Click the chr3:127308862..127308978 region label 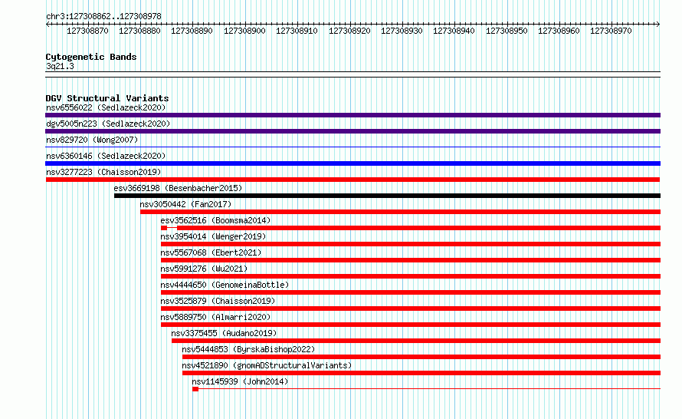pos(103,16)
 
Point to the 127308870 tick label pos(87,31)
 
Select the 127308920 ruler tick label pos(349,31)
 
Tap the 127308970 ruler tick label pos(611,31)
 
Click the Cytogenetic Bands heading pos(91,57)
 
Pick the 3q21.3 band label pos(60,66)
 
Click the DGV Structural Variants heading pos(107,98)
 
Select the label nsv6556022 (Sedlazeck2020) pos(106,107)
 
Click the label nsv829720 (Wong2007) pos(92,140)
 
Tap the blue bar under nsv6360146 pos(352,163)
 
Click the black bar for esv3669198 pos(387,196)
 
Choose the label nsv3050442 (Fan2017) pos(185,204)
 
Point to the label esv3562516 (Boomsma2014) pos(215,220)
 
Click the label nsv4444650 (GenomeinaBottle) pos(225,285)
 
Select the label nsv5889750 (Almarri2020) pos(215,317)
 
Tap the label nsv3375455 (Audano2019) pos(224,333)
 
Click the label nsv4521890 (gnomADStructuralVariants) pos(267,365)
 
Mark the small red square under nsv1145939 pos(195,389)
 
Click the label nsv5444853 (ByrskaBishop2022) pos(248,349)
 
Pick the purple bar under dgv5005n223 pos(352,131)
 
